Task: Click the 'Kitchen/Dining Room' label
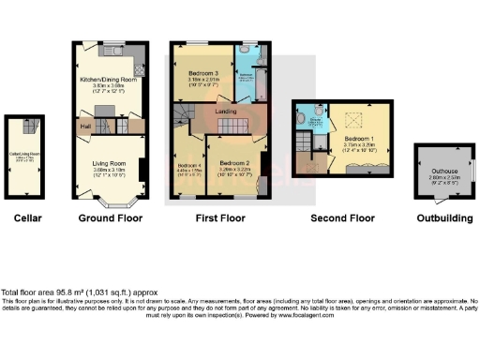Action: (109, 81)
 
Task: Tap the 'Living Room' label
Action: (109, 163)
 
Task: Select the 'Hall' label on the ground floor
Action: (84, 125)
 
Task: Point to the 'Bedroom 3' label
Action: (203, 73)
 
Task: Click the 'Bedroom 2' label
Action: (235, 162)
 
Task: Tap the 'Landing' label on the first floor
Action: (225, 112)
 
